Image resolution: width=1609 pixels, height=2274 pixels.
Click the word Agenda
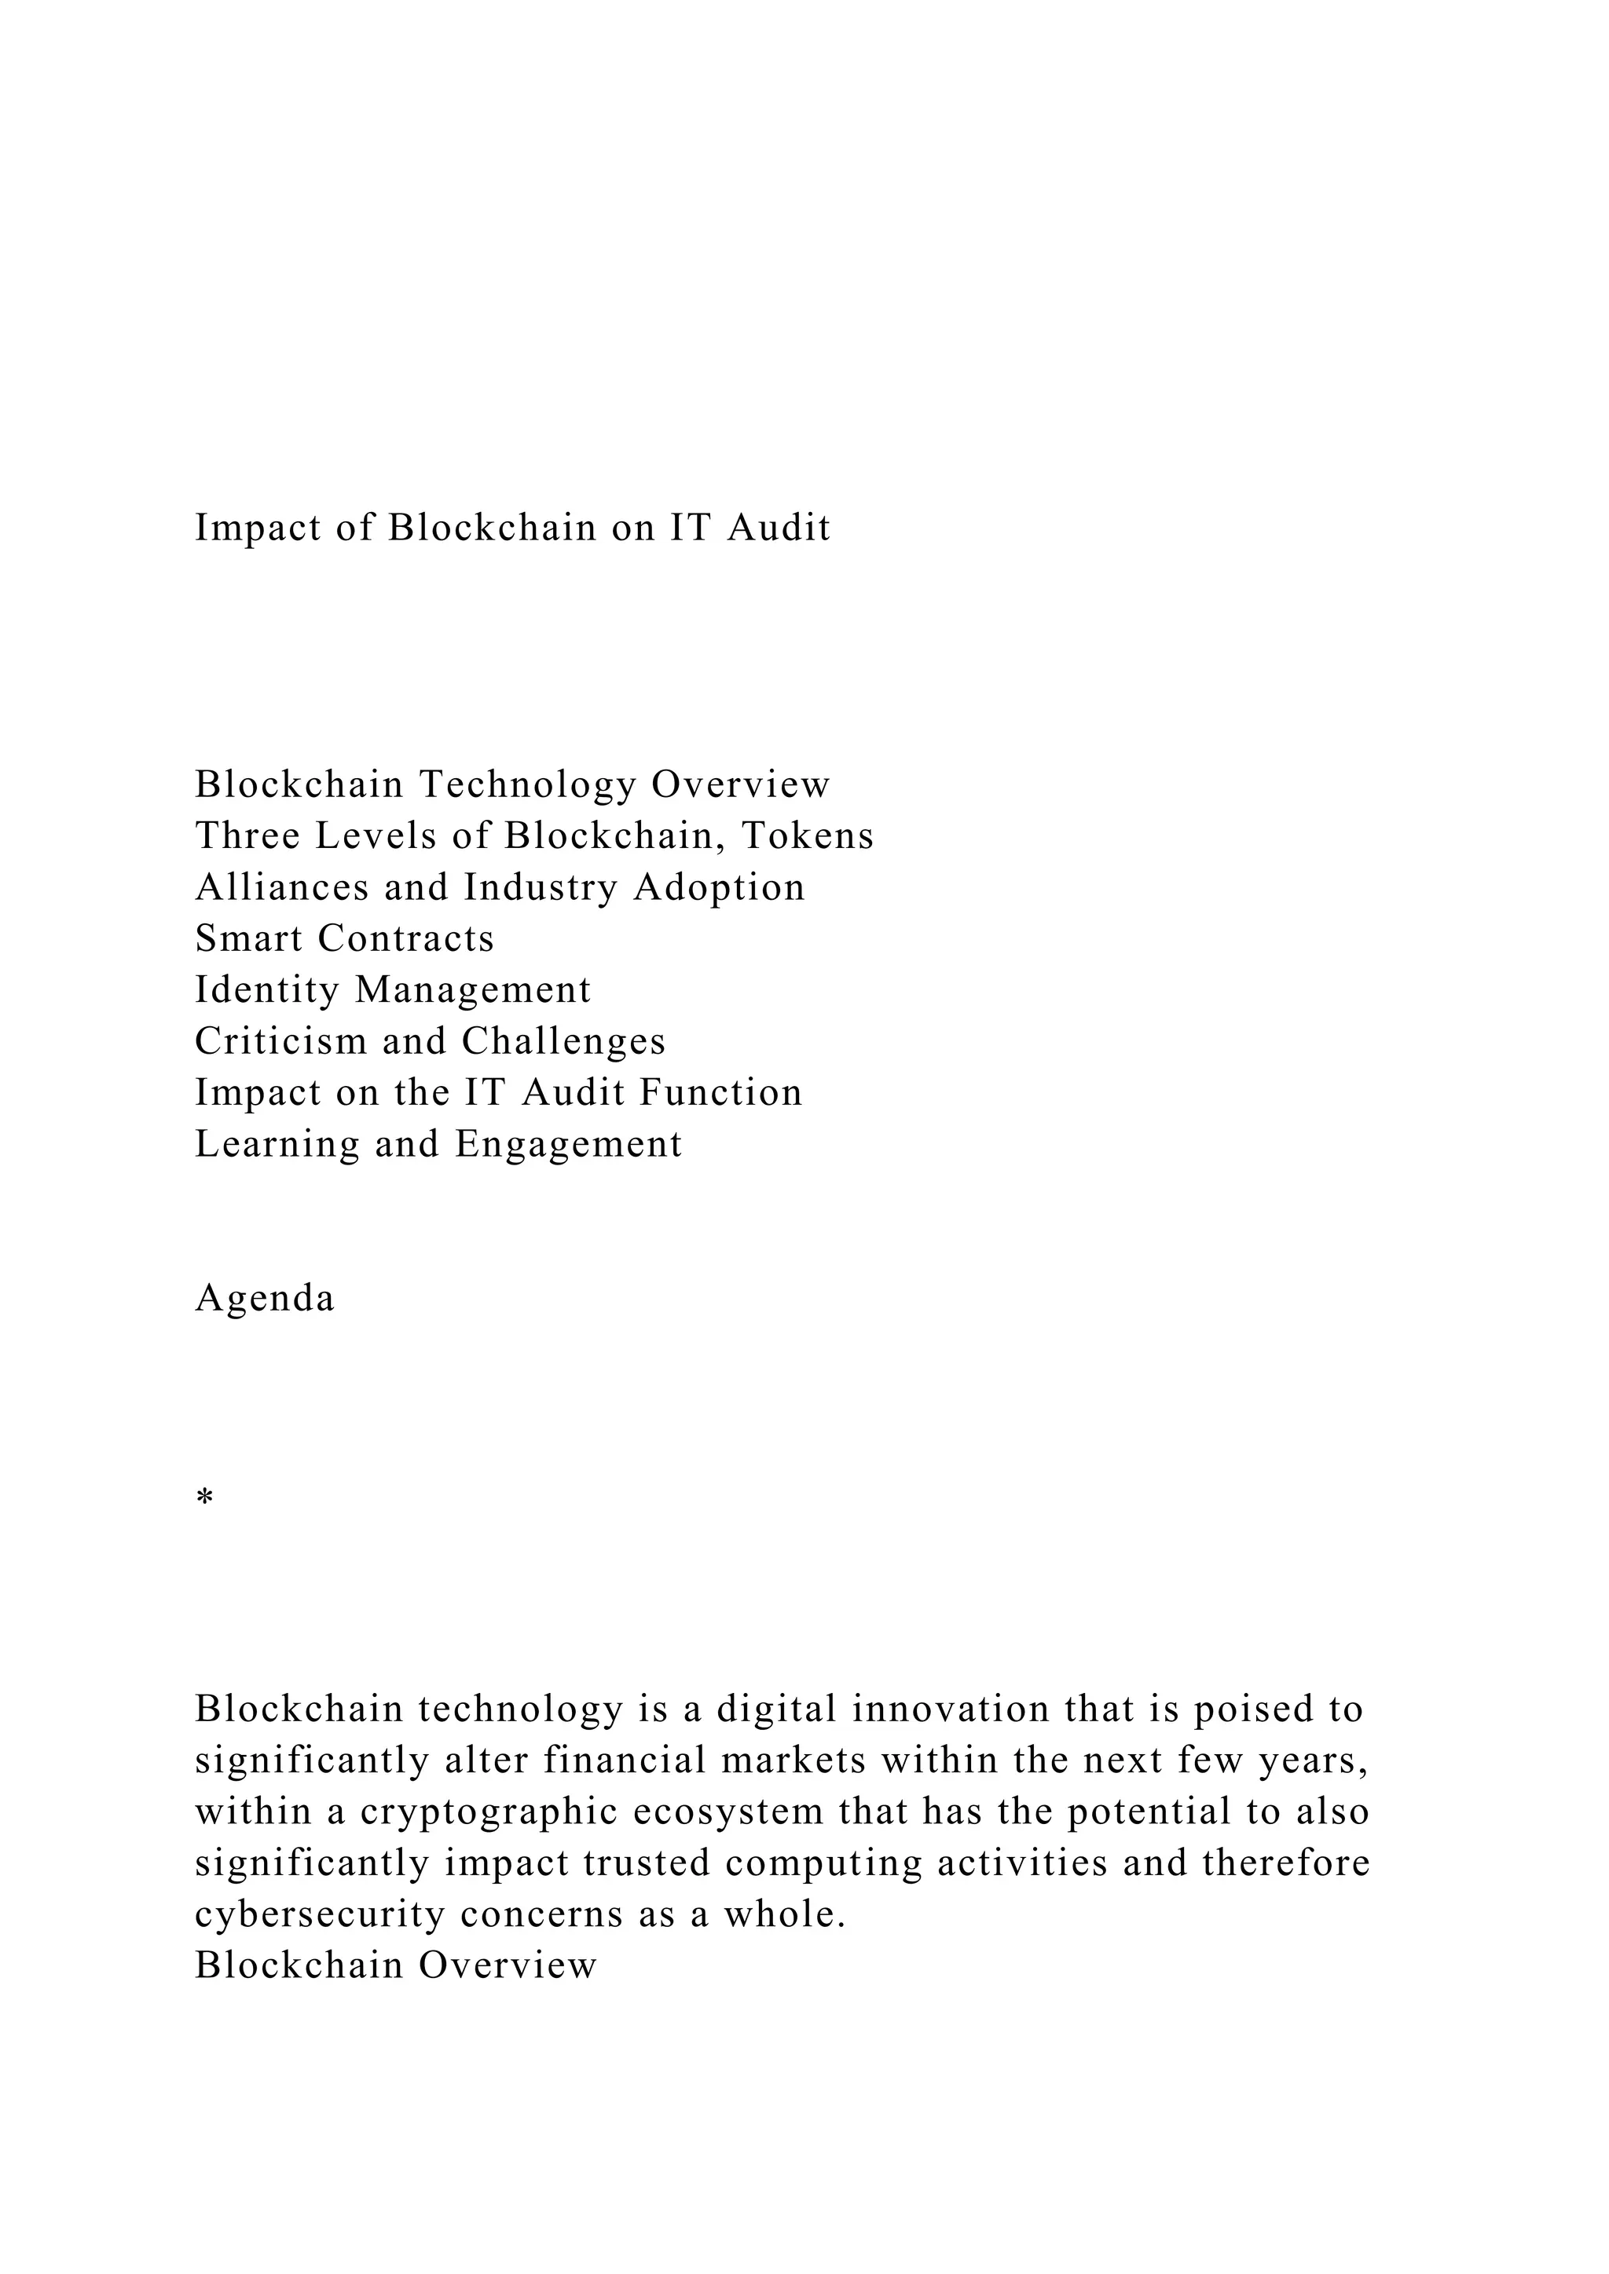pyautogui.click(x=265, y=1300)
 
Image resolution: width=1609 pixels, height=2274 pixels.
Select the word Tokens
pyautogui.click(x=808, y=836)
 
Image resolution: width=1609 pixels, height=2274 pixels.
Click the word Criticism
pyautogui.click(x=281, y=1042)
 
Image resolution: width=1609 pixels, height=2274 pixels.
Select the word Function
pyautogui.click(x=720, y=1094)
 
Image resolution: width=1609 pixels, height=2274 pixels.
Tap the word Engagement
pyautogui.click(x=569, y=1145)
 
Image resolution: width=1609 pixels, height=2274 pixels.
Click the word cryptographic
pyautogui.click(x=491, y=1812)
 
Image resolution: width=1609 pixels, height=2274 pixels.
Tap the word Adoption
pyautogui.click(x=720, y=887)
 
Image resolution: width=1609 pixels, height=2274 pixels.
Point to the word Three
pyautogui.click(x=247, y=836)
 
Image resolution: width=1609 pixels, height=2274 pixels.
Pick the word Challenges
pyautogui.click(x=564, y=1042)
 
